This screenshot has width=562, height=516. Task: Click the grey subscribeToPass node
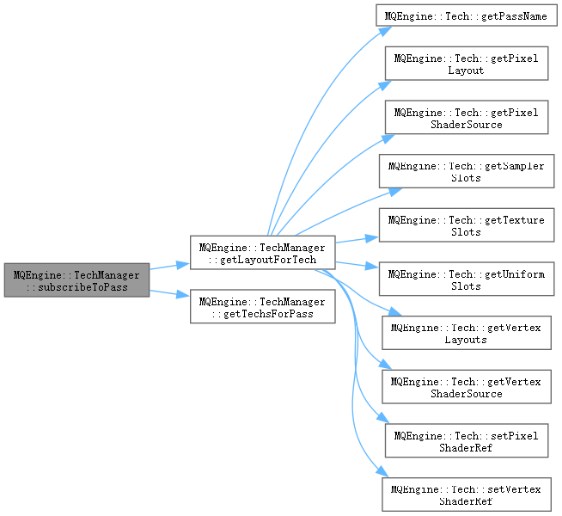[76, 280]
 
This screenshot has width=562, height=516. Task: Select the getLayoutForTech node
[262, 254]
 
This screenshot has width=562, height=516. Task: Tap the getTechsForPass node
[262, 308]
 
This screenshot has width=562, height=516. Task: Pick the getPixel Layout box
[466, 64]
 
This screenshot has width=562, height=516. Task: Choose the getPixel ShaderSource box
[466, 118]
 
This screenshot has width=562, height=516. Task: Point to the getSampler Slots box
[466, 172]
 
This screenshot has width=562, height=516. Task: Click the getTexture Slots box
[466, 226]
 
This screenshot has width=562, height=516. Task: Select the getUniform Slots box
[466, 280]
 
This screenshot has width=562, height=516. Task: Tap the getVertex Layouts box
[466, 334]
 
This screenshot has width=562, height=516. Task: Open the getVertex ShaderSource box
[466, 388]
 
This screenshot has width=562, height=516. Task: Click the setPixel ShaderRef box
[466, 441]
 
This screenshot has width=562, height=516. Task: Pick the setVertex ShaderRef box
[466, 495]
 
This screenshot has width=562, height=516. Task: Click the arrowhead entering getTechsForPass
[184, 297]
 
